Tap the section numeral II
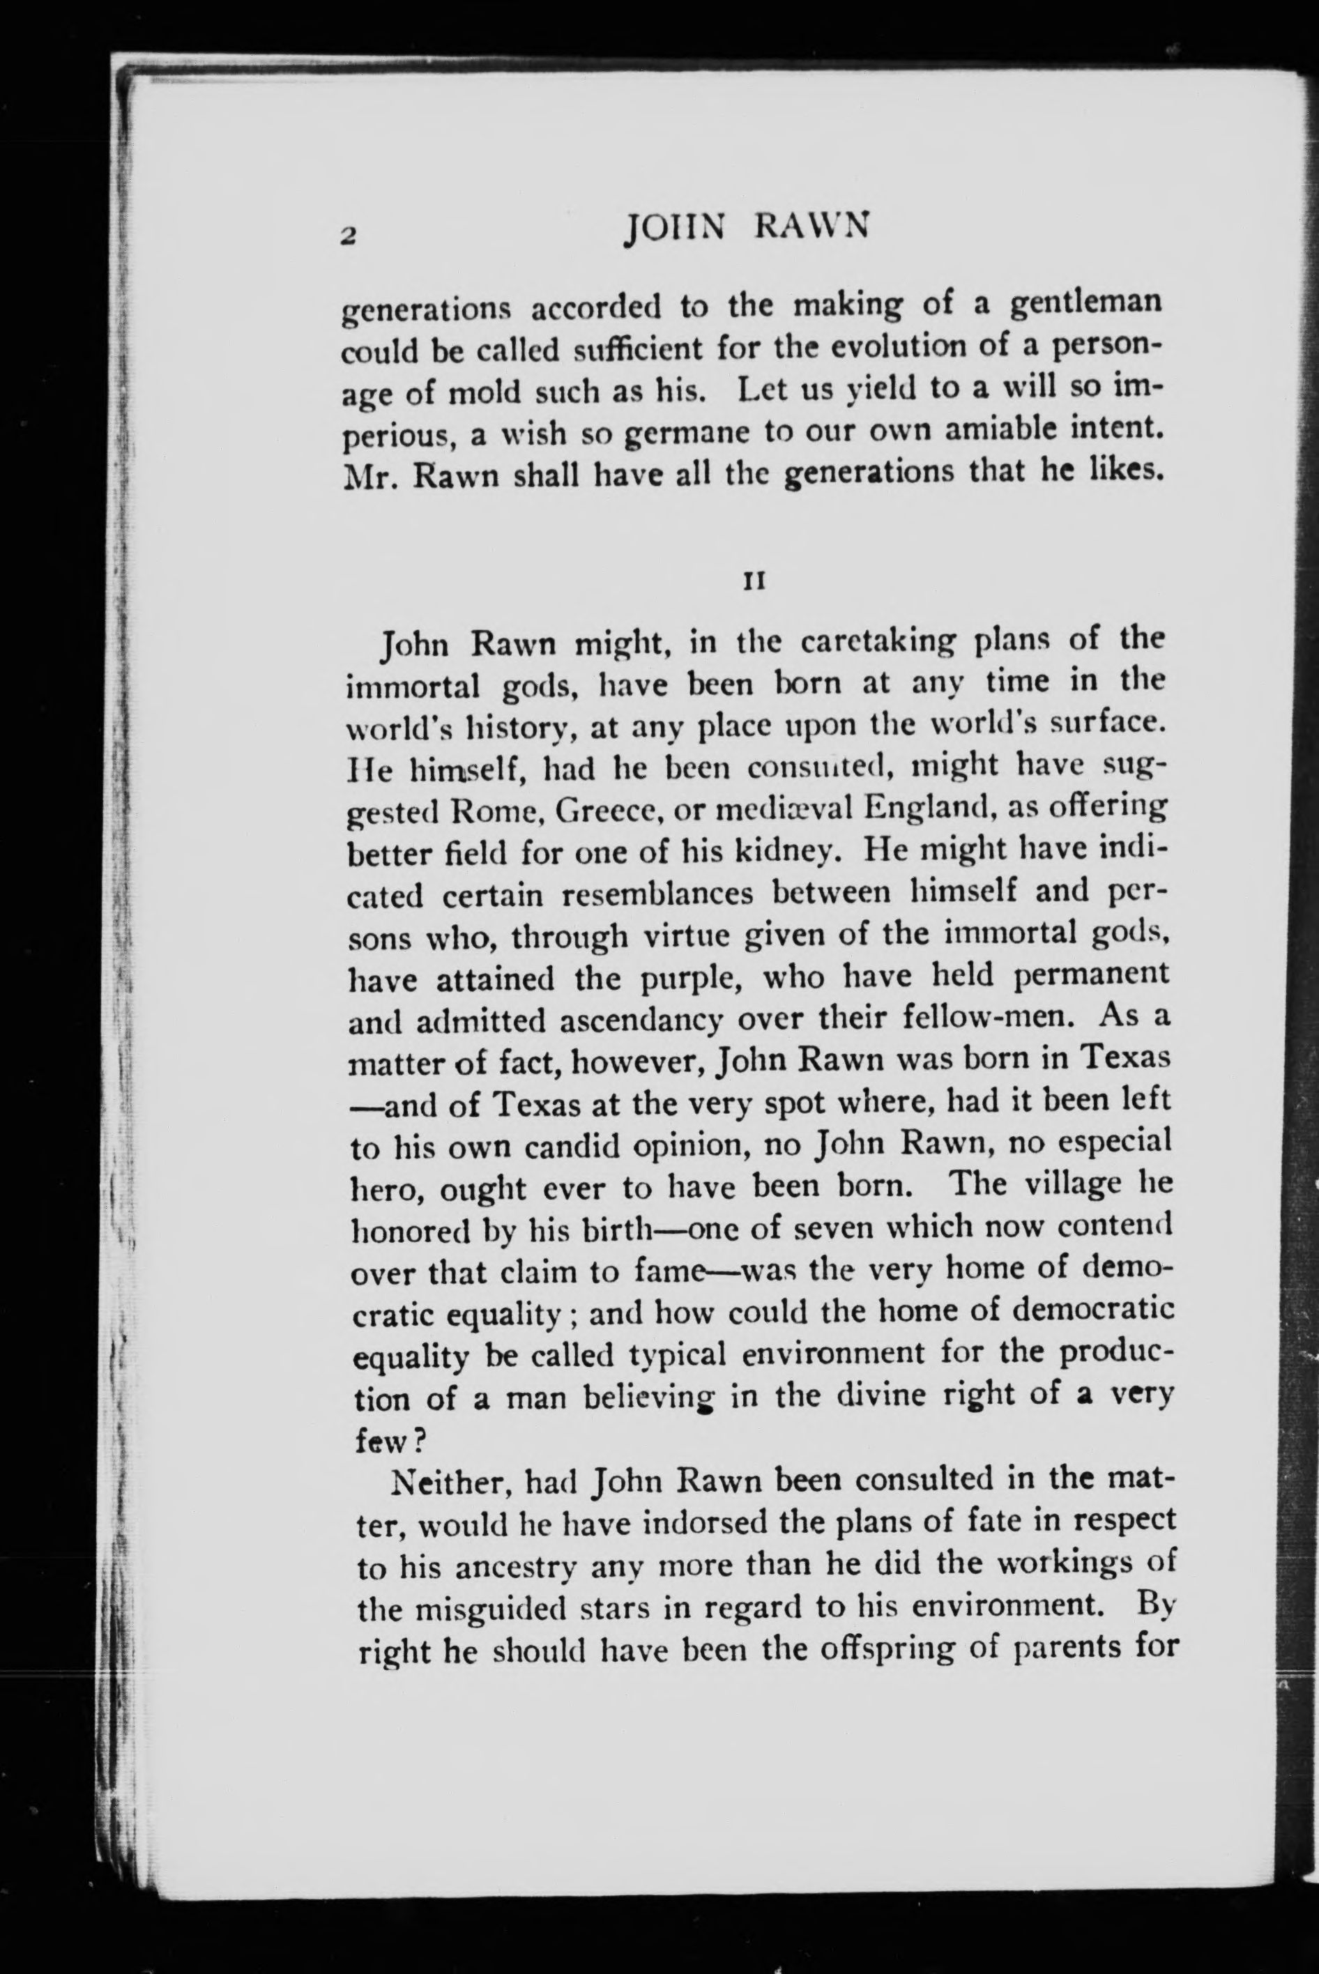(x=754, y=581)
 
